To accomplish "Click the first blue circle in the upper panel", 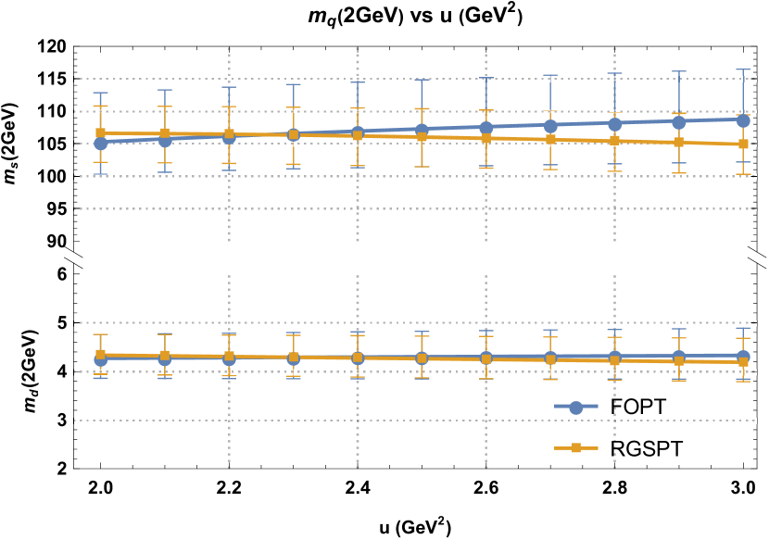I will tap(100, 143).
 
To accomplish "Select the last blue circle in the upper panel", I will tap(743, 120).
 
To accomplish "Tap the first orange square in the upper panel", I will tap(100, 132).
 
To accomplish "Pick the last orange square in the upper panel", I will tap(743, 144).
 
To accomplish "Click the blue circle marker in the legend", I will tap(576, 408).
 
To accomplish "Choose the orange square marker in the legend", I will tap(576, 448).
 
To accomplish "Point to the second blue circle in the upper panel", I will tap(165, 141).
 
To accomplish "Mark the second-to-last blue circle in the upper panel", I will tap(679, 122).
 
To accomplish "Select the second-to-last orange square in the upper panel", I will tap(679, 142).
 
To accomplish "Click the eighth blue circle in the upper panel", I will tap(550, 126).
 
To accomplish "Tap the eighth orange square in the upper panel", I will tap(550, 139).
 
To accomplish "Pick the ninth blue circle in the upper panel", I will tap(614, 124).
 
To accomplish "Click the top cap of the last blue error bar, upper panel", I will tap(743, 69).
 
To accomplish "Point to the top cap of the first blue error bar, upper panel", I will tap(100, 93).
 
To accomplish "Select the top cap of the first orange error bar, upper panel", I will tap(100, 106).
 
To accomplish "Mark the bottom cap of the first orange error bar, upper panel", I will tap(100, 162).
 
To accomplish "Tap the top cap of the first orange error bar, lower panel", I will tap(100, 334).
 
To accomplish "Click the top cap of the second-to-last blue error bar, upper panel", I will tap(679, 71).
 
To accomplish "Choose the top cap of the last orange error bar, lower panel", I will tap(743, 338).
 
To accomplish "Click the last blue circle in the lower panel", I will tap(743, 357).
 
